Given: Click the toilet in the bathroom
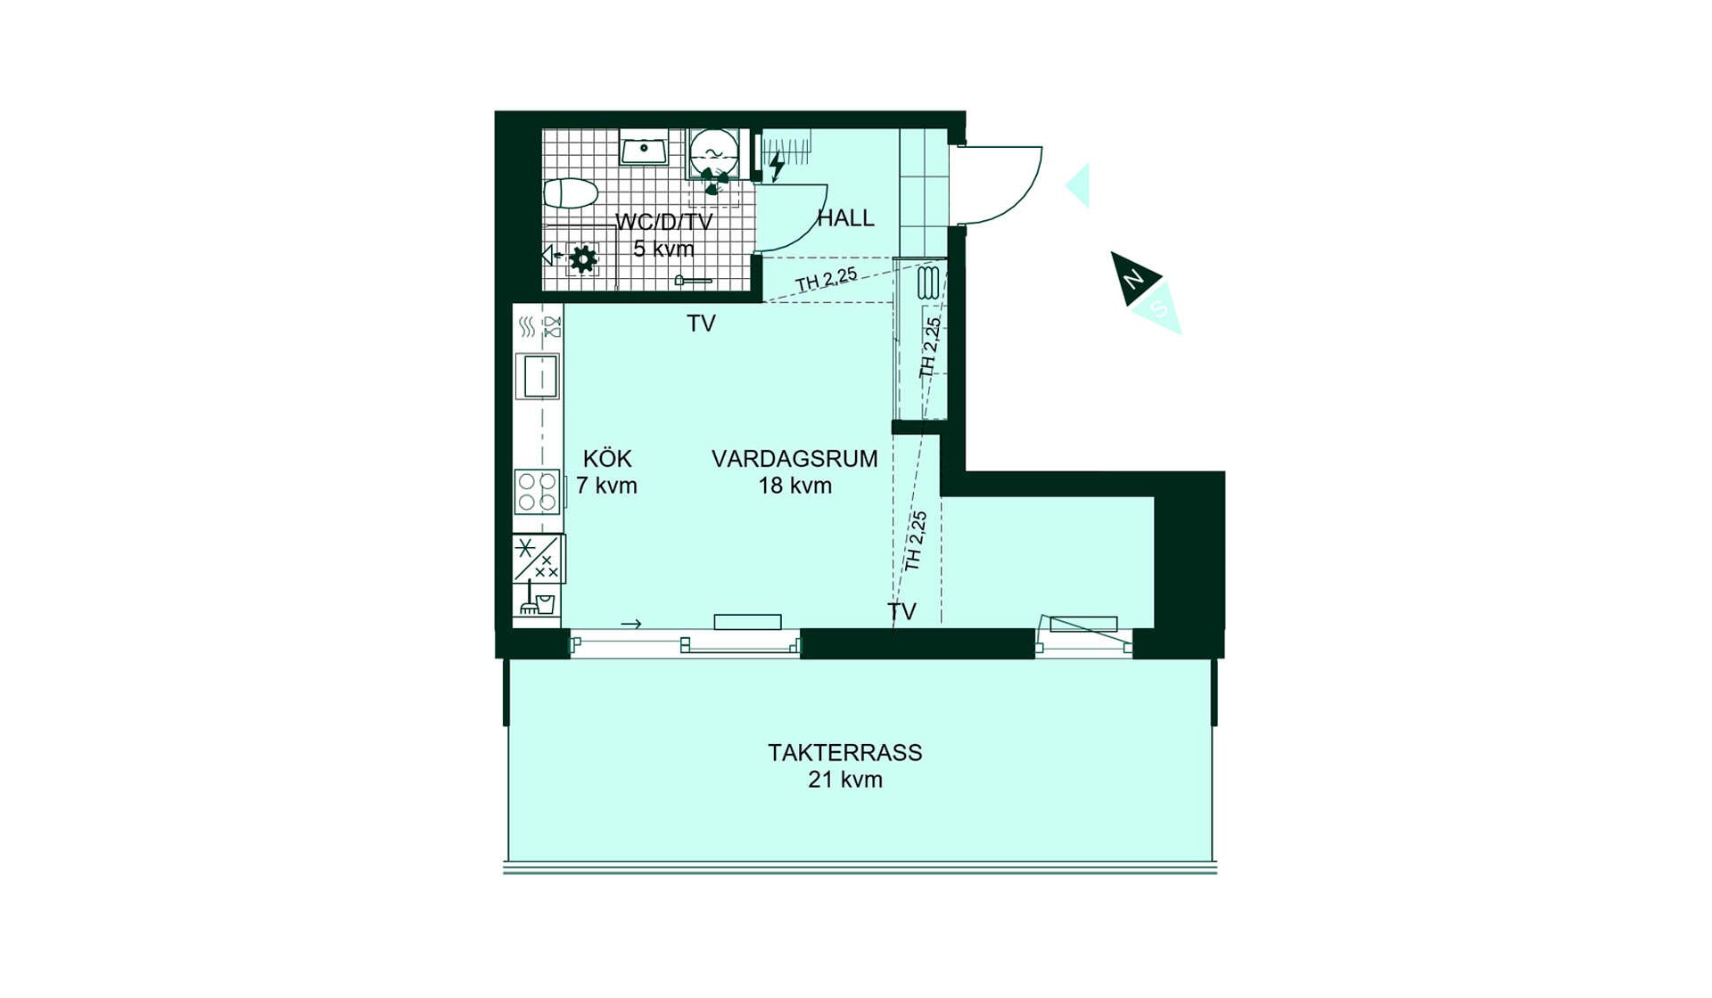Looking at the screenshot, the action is point(571,192).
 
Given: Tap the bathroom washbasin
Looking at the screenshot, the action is point(644,148).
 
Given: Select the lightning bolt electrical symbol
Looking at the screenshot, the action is point(777,165).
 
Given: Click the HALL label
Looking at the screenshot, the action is point(845,217).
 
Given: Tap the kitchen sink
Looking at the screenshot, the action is point(538,376).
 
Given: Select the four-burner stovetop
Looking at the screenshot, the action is point(538,492).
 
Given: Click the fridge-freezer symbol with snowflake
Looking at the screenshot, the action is point(538,559).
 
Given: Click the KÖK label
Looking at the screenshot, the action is point(607,458).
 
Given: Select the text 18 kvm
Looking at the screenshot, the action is point(794,486).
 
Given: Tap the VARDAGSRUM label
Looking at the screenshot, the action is point(794,458).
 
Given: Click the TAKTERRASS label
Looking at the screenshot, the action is point(845,752).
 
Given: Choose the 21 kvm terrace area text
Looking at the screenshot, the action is point(845,780).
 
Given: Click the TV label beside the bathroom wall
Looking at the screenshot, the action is point(701,323).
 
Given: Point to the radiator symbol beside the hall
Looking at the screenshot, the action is point(928,282).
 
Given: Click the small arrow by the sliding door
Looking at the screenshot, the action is point(631,624).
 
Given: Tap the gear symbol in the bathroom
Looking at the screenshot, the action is point(583,258).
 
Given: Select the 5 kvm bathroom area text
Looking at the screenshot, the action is point(663,249).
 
